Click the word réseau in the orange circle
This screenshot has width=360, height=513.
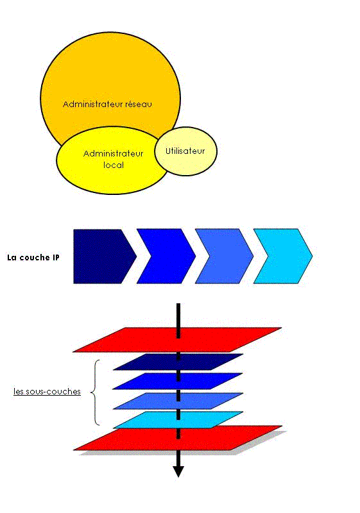pos(139,104)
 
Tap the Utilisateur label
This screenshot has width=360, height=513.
pos(185,151)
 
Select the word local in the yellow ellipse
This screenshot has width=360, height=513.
pos(114,165)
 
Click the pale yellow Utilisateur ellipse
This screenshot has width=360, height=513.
pos(186,151)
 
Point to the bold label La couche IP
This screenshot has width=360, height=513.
pos(33,258)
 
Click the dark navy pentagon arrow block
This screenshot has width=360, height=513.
pos(101,256)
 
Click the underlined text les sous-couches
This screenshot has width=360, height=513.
pos(47,391)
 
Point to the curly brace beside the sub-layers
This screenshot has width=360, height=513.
pos(95,392)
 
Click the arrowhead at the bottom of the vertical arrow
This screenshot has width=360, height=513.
pos(178,471)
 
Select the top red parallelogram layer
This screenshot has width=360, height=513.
pos(177,340)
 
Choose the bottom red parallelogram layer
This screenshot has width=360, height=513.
pos(178,439)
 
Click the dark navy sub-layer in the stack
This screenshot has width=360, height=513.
pos(178,362)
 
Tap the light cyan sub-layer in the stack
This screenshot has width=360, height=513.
pos(178,420)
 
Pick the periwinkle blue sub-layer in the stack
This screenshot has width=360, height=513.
pos(178,401)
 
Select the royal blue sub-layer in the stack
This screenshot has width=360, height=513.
pos(178,381)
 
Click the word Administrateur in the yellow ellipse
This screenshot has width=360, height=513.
pos(113,153)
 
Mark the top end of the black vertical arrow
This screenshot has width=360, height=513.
pos(178,303)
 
